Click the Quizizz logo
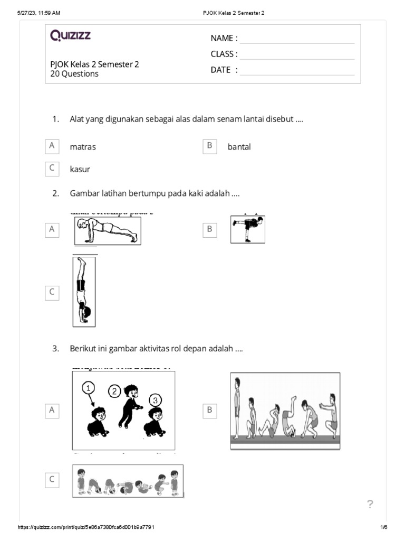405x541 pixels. coord(71,35)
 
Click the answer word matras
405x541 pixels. coord(83,147)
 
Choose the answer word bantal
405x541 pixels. coord(239,147)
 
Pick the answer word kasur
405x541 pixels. coord(80,169)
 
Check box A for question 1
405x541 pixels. coord(52,146)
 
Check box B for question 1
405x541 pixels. coord(210,146)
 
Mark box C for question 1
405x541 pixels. coord(52,169)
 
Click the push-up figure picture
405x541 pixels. coord(108,230)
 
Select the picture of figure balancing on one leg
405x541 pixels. coord(247,229)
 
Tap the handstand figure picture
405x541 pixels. coord(84,291)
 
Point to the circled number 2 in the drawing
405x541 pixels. coord(114,391)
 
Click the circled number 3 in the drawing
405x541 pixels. coord(155,399)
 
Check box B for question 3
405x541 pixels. coord(210,410)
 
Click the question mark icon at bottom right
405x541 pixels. coord(370,505)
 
